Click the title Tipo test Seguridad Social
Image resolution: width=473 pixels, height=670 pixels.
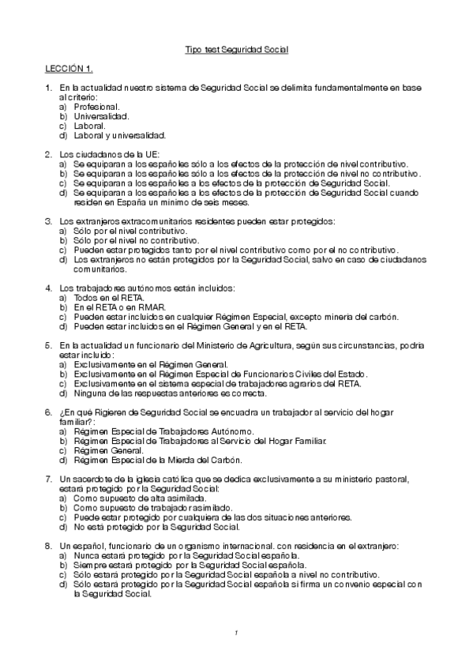[x=236, y=49]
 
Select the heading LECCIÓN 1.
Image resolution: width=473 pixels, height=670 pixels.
[x=69, y=68]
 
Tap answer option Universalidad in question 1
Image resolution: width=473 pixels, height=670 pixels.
[x=101, y=115]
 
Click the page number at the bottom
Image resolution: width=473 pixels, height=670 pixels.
[x=236, y=632]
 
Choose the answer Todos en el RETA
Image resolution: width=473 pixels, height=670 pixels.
[x=108, y=299]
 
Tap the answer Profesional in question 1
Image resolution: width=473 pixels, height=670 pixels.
[x=96, y=106]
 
